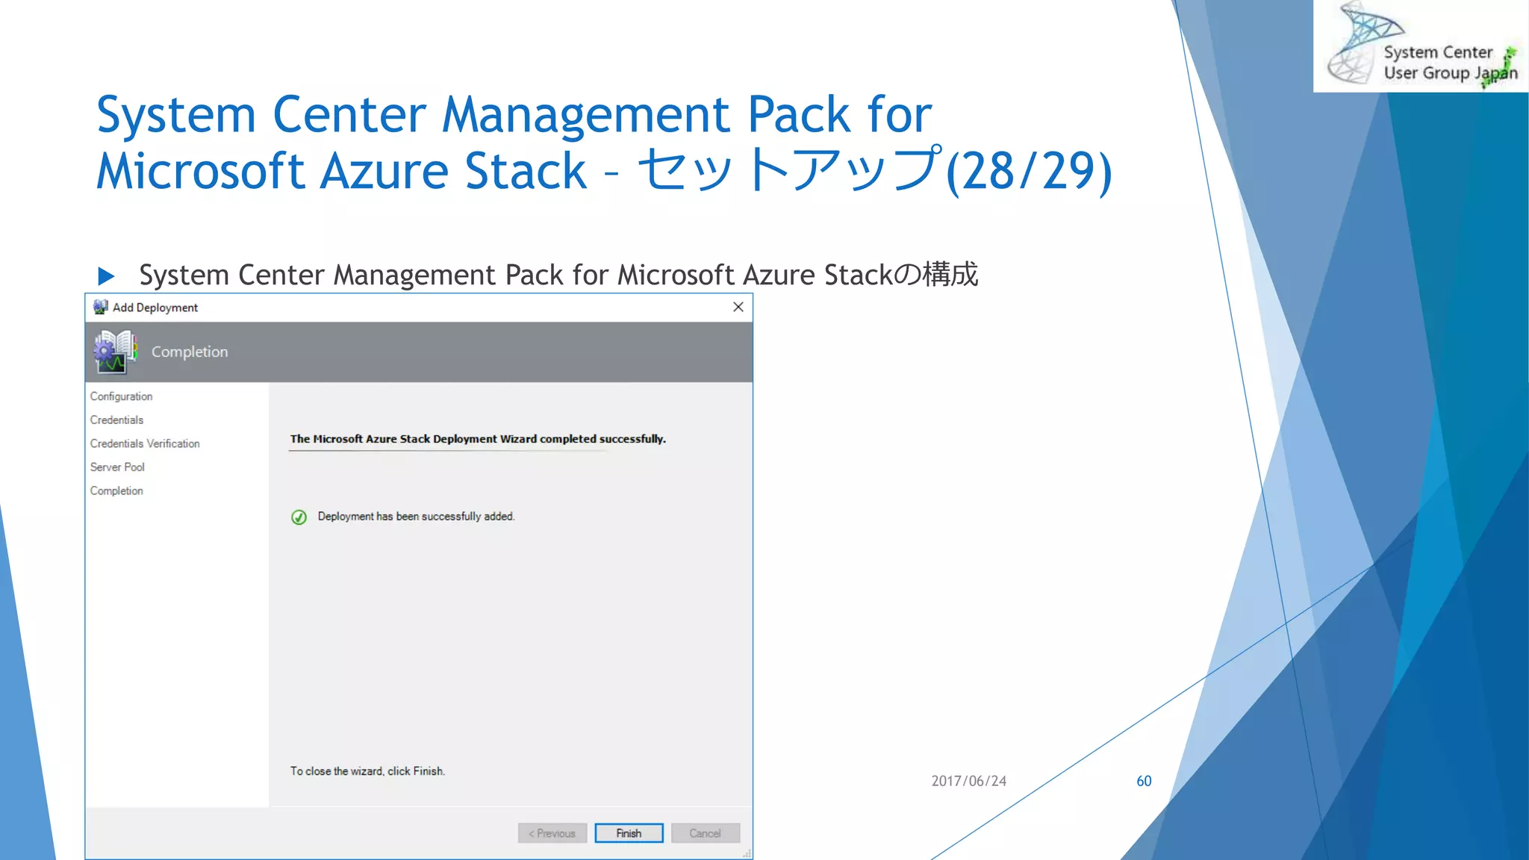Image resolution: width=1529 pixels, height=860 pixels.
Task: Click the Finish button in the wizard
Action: [629, 833]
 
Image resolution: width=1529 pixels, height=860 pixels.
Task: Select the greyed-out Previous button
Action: [552, 833]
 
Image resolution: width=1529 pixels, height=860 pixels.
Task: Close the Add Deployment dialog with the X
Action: [738, 307]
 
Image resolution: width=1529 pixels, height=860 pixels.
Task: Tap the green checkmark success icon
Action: [299, 517]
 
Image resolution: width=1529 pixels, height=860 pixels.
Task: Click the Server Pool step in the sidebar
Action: [117, 467]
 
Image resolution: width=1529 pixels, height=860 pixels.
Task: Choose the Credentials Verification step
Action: [145, 443]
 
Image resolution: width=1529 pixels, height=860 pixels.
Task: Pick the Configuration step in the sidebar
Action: [121, 396]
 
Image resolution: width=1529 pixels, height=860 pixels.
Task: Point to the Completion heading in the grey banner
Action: [190, 352]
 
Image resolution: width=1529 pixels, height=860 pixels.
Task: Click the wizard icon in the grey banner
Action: [115, 352]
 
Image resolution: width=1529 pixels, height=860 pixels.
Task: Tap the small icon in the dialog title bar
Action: [100, 307]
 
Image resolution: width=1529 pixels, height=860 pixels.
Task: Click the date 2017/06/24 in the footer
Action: [968, 781]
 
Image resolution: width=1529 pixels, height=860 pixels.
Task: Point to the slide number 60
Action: [1144, 781]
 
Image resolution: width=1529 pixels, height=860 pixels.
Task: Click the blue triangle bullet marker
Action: [106, 276]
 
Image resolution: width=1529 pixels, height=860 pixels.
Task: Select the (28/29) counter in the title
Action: [1028, 172]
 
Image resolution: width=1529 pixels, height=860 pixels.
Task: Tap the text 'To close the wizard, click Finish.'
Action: [367, 771]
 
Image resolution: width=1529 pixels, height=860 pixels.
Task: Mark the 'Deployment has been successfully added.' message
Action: [416, 517]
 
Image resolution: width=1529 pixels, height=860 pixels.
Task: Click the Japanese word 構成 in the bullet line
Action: [950, 275]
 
